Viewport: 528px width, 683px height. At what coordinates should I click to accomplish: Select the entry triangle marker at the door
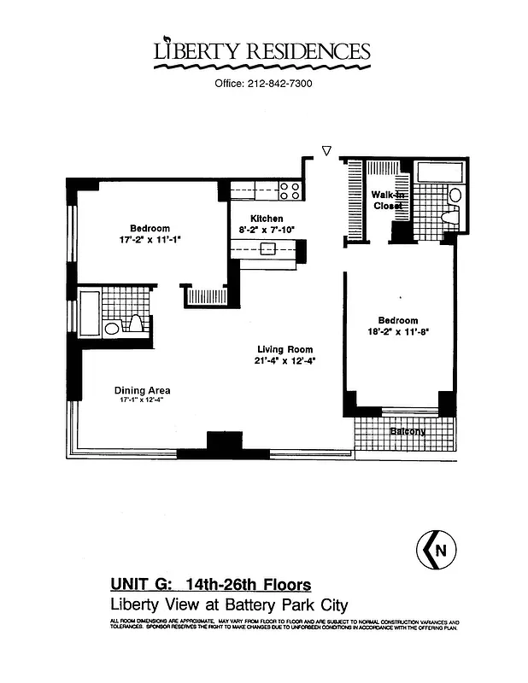click(326, 151)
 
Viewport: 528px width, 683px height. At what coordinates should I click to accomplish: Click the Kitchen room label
click(267, 219)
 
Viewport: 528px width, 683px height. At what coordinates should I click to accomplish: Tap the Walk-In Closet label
click(388, 201)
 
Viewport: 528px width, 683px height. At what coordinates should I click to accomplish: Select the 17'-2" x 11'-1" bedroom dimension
click(150, 240)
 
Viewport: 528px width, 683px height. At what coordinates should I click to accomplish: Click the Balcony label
click(408, 431)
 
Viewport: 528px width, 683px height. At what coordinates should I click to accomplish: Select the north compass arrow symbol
click(437, 551)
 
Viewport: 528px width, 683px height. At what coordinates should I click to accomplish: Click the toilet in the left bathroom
click(135, 325)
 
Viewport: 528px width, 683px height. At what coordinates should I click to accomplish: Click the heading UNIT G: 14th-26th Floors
click(210, 585)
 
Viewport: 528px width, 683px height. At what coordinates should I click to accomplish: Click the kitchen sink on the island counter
click(268, 249)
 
